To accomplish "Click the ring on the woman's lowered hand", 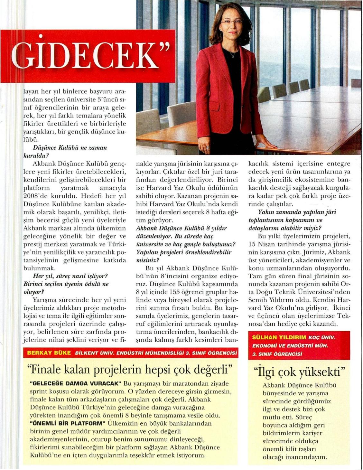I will point(208,147).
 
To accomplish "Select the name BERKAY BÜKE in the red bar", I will point(49,353).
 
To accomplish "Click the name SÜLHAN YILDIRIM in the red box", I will point(279,338).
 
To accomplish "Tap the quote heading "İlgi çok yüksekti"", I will point(299,372).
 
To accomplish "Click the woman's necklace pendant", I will point(233,57).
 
